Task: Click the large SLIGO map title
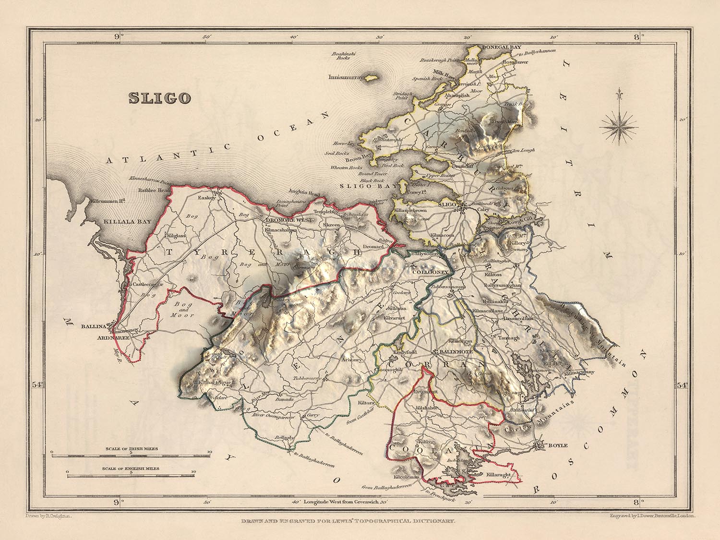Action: point(159,98)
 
